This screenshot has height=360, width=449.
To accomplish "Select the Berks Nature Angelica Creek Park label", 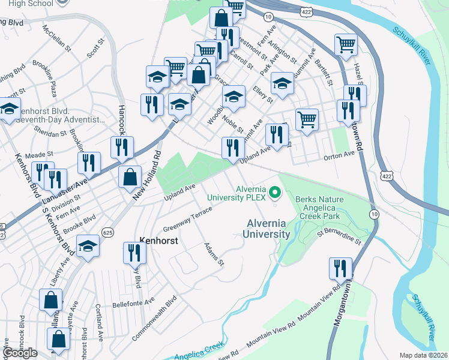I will tap(318, 208).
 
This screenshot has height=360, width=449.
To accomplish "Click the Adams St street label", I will tap(213, 254).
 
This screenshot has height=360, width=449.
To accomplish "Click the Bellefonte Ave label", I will tap(133, 301).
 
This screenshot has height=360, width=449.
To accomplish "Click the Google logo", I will tap(20, 352).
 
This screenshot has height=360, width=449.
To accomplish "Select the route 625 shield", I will tap(108, 232).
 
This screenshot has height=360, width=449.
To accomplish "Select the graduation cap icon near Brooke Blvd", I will tap(88, 246).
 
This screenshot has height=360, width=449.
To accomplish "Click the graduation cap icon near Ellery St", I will tap(282, 82).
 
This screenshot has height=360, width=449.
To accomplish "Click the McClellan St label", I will tap(65, 39).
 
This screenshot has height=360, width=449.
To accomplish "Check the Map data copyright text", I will tap(423, 355).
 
